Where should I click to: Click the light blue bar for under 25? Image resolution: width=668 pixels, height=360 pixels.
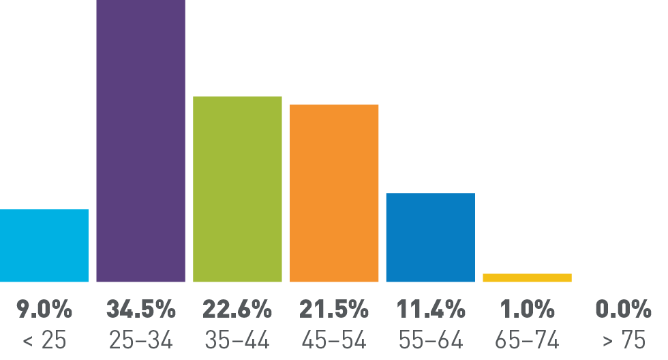(x=44, y=245)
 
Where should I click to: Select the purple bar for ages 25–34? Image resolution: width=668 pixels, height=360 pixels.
(x=140, y=140)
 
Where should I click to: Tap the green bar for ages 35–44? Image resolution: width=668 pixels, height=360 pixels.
(x=237, y=189)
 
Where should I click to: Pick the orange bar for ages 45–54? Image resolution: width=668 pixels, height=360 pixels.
(x=334, y=193)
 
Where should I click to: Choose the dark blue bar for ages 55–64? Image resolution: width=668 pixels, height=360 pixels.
(x=430, y=237)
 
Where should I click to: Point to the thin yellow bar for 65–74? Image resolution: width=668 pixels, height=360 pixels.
(x=527, y=277)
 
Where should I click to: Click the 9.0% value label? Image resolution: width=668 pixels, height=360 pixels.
(x=44, y=310)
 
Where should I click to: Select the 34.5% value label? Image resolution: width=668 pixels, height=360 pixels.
(x=140, y=310)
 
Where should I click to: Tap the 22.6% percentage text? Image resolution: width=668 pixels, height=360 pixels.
(x=237, y=310)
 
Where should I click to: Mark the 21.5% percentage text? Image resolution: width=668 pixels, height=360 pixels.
(x=334, y=310)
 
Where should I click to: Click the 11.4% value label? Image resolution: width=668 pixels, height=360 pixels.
(x=431, y=310)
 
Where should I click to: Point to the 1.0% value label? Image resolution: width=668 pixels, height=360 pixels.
(x=527, y=310)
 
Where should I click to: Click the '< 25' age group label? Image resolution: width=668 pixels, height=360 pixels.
(x=44, y=340)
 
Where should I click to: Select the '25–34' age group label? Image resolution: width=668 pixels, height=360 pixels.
(x=140, y=340)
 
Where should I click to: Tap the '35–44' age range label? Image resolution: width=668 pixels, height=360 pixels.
(x=237, y=340)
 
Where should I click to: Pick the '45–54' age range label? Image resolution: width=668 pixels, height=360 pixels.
(x=334, y=340)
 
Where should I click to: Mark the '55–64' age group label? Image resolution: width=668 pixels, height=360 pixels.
(x=431, y=340)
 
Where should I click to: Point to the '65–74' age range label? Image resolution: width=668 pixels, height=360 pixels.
(x=527, y=340)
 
